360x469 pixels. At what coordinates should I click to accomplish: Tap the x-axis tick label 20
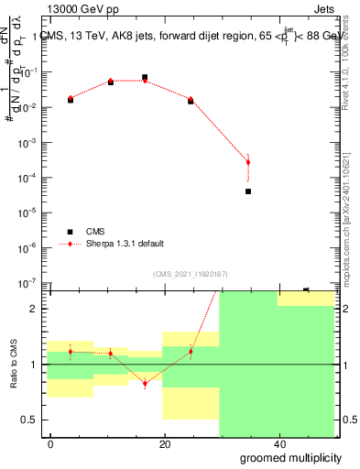(164, 443)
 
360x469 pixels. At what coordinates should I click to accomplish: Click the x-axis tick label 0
(51, 443)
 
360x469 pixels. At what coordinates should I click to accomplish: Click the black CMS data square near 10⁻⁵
(248, 191)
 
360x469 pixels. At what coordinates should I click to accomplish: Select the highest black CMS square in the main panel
(145, 78)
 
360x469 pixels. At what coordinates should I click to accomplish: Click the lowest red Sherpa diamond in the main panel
(248, 162)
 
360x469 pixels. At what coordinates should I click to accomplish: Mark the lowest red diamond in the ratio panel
(145, 384)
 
